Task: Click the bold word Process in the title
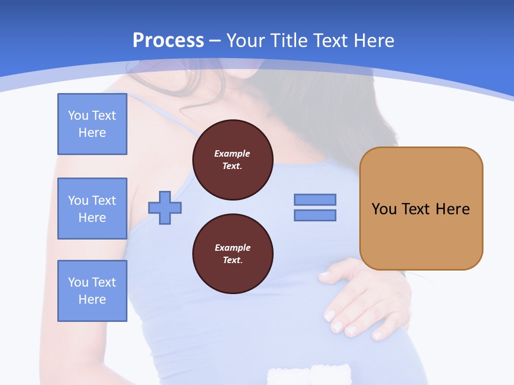(168, 41)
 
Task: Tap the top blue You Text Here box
(92, 124)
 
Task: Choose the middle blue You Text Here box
(92, 209)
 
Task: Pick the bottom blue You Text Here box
(92, 291)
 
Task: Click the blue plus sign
(165, 207)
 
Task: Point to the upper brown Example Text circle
(233, 160)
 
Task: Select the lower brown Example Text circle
(233, 254)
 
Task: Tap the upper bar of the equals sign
(315, 199)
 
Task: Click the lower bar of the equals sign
(315, 215)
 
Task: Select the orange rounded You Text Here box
(421, 209)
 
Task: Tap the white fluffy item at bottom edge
(309, 374)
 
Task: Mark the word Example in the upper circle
(232, 153)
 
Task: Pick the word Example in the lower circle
(232, 248)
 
